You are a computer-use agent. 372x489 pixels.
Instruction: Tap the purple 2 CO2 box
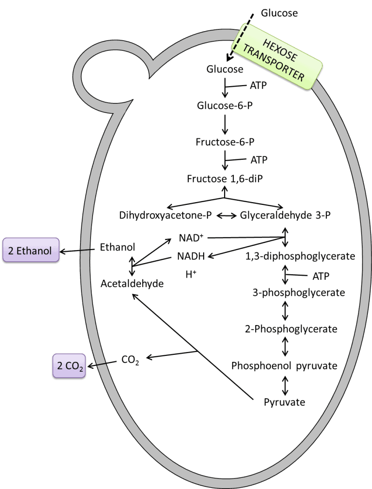(68, 366)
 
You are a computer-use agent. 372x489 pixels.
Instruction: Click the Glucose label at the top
(225, 69)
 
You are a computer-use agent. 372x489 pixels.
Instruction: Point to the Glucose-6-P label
(225, 105)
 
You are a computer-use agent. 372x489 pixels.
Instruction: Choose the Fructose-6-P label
(225, 142)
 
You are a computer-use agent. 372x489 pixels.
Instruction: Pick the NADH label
(190, 256)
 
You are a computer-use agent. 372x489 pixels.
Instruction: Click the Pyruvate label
(285, 401)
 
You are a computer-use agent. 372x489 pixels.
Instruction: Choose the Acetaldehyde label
(133, 283)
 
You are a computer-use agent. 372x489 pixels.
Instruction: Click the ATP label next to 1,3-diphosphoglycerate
(320, 276)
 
